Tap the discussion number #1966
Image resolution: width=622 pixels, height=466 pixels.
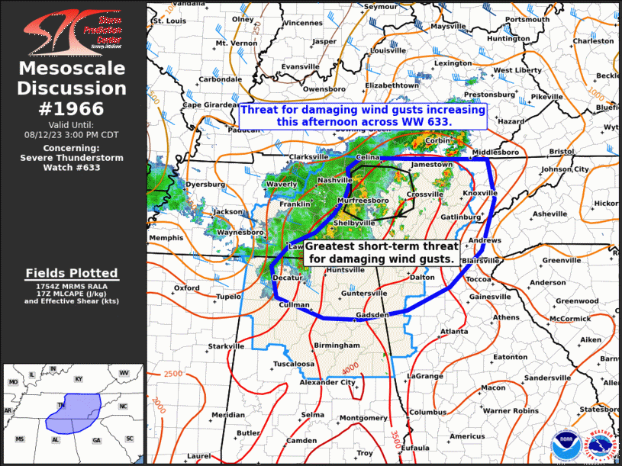73,108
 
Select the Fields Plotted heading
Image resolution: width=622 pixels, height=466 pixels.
72,273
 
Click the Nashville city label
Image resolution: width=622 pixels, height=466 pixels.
333,180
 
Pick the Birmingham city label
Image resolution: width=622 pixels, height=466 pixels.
337,345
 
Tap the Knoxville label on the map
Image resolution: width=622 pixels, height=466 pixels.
480,194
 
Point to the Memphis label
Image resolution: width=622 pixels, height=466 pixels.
166,238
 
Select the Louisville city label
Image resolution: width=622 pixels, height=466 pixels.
388,50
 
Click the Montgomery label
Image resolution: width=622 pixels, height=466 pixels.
363,418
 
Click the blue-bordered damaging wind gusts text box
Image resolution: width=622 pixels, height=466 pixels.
363,116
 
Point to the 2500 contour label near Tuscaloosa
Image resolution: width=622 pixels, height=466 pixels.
172,374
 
